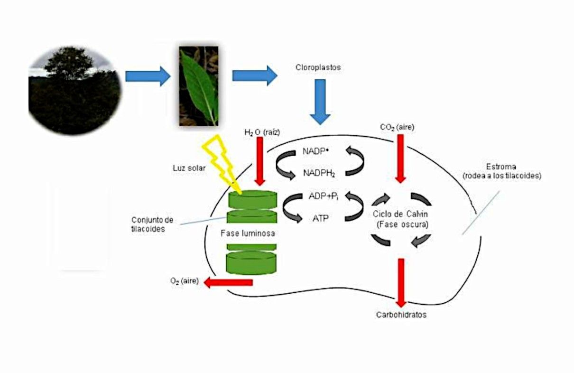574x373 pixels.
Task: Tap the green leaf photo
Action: pos(198,86)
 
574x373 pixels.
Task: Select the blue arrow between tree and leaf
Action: pos(148,76)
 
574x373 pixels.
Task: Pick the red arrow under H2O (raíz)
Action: pos(259,161)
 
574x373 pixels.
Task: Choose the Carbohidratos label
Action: pos(401,315)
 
